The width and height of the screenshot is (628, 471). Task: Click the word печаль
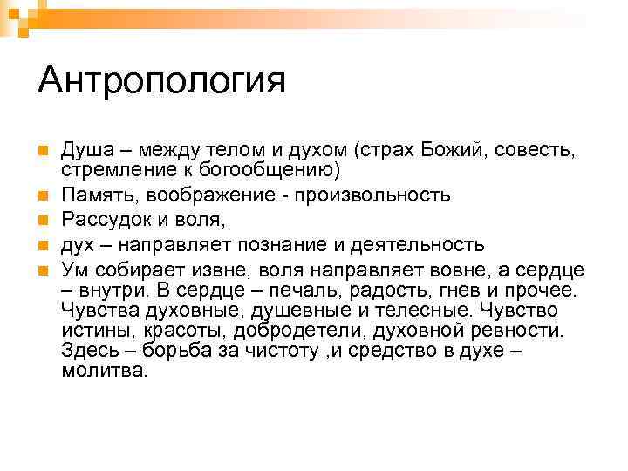[298, 290]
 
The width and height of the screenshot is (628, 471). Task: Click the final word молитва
[105, 370]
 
